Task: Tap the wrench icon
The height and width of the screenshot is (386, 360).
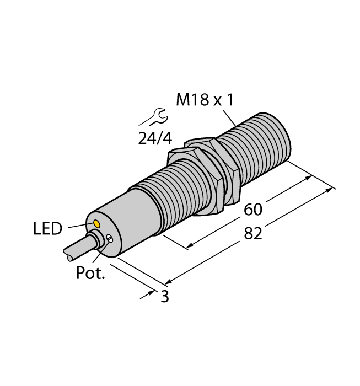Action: click(155, 117)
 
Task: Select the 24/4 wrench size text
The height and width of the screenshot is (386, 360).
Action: click(154, 138)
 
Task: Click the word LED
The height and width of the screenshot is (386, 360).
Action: click(48, 229)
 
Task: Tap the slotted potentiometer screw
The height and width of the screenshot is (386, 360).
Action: click(110, 239)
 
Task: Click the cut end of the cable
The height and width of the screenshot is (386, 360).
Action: click(67, 255)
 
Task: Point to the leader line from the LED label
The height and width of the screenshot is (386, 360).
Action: click(79, 225)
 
